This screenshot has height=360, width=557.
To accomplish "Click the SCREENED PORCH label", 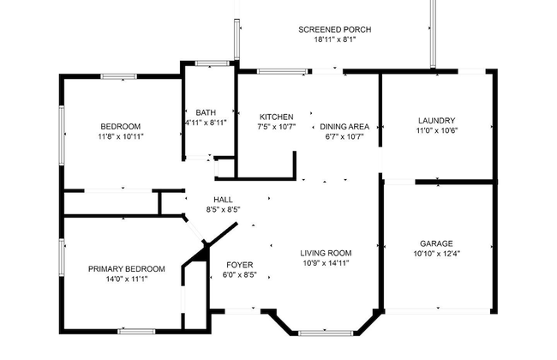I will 334,30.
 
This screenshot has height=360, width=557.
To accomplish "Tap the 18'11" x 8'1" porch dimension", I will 334,39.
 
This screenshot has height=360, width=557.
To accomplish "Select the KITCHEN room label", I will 277,117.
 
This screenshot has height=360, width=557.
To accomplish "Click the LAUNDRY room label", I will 436,121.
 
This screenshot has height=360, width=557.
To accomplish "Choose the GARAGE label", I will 436,243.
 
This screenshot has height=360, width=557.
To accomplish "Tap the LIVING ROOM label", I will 326,253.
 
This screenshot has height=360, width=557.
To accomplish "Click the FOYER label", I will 240,265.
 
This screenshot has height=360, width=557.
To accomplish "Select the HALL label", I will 223,200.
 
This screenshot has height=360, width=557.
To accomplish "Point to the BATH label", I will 206,112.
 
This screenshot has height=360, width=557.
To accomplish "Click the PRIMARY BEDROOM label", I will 126,268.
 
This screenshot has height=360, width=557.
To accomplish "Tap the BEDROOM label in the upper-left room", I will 120,126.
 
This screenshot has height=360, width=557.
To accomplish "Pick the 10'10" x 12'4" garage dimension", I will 436,254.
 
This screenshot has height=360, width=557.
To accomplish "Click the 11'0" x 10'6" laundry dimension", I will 436,131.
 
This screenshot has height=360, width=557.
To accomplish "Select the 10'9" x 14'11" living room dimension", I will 326,263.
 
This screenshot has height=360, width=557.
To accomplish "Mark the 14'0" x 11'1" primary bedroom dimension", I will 126,279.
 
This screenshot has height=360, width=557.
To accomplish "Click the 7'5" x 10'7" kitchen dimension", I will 277,127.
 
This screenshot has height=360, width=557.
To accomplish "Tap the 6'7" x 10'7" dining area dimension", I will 344,135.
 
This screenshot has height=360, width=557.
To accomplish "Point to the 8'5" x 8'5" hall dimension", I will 223,209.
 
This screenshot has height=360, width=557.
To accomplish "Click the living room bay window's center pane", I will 326,332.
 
